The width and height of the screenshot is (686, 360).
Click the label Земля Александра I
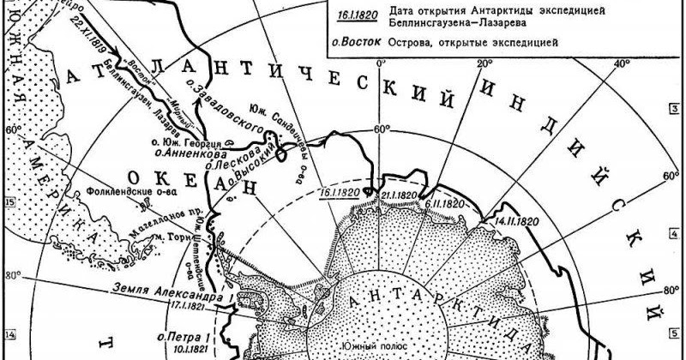click(x=177, y=289)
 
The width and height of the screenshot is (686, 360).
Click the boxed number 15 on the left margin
click(x=10, y=203)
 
